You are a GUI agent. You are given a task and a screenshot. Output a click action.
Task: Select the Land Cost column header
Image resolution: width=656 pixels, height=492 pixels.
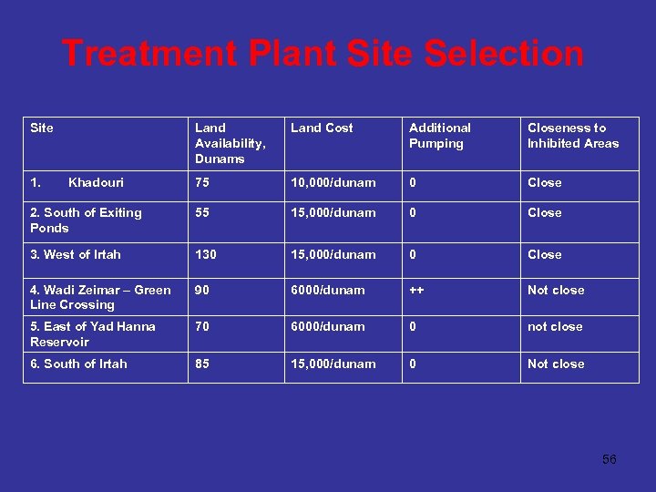322,128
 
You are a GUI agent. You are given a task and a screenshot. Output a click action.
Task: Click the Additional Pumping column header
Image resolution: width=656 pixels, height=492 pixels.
440,136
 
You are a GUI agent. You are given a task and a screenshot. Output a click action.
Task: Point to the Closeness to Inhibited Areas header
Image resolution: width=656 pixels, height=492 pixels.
572,136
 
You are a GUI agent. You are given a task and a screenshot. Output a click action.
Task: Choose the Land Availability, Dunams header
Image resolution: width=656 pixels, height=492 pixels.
230,143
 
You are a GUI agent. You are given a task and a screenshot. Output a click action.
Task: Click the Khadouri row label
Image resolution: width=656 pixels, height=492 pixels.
96,183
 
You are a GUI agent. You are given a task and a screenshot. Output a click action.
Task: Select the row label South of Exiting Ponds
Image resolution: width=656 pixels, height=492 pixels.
86,220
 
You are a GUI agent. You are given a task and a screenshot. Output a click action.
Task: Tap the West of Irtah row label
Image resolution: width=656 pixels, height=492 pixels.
76,255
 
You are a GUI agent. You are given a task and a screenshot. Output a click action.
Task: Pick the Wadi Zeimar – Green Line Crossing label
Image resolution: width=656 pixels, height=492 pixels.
100,297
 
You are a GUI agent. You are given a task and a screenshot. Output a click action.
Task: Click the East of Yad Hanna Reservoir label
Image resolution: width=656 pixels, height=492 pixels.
93,334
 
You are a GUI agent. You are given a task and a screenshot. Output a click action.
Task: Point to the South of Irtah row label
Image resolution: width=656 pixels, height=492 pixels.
78,364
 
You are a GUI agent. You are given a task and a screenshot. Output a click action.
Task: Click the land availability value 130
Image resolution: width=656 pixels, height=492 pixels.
207,255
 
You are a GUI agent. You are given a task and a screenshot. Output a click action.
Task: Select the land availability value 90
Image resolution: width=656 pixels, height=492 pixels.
202,291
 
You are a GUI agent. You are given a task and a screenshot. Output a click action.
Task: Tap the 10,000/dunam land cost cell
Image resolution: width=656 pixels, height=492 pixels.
333,183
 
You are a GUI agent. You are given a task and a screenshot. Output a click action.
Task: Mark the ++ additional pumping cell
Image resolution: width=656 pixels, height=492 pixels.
416,291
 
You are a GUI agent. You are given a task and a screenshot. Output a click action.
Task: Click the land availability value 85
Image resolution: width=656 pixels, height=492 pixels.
202,364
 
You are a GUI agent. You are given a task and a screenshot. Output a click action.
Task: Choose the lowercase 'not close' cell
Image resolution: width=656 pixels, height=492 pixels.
555,327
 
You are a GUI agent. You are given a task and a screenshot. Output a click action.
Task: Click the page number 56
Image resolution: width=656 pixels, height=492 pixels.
609,459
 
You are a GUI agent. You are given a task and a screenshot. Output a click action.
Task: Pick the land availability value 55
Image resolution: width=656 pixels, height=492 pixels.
202,213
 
